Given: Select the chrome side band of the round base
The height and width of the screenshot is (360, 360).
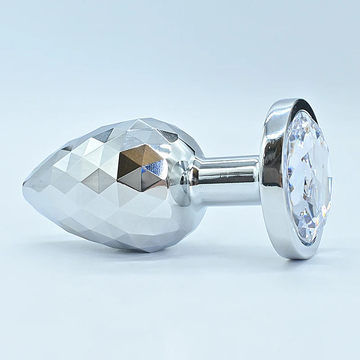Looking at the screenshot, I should coord(272,180).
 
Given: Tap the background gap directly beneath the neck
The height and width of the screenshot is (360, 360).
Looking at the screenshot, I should coord(229,225).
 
